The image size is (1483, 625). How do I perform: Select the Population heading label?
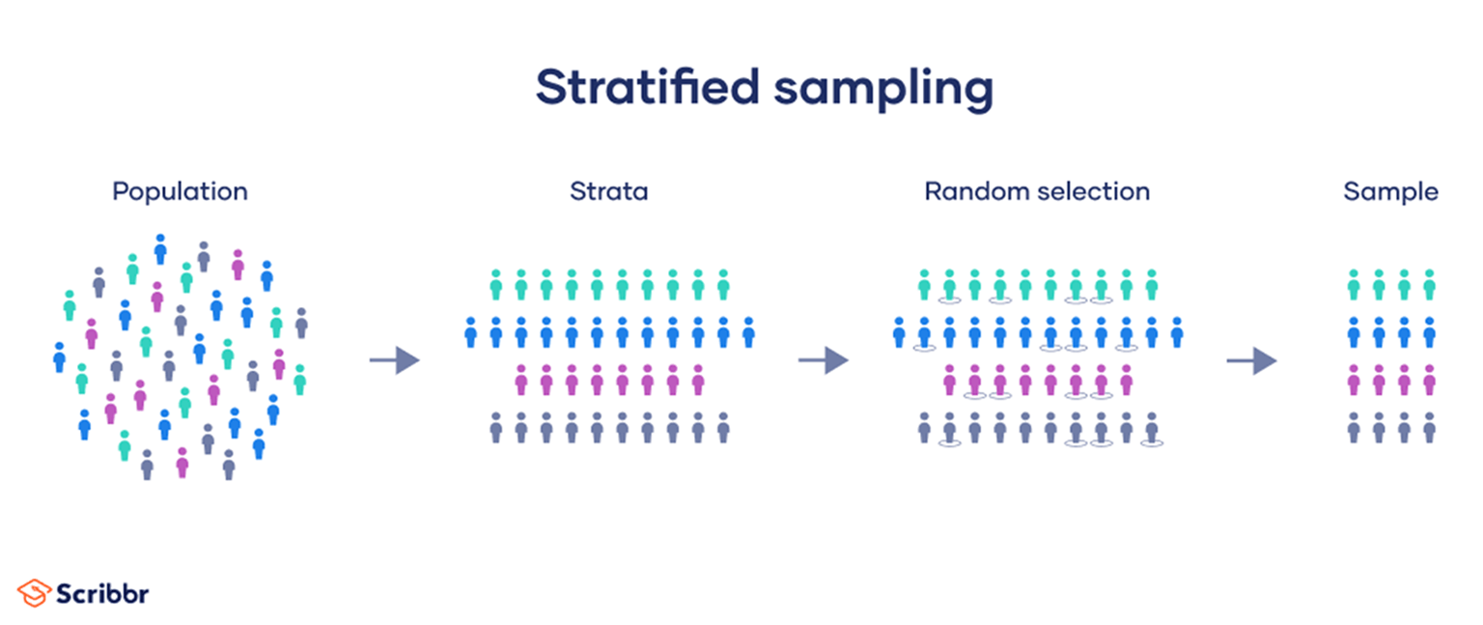(x=180, y=191)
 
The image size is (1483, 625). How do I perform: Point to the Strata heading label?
(x=608, y=191)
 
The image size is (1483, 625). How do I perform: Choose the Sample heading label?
(x=1390, y=191)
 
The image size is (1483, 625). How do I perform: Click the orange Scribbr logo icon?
(x=33, y=592)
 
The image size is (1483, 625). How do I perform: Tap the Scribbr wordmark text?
(x=101, y=592)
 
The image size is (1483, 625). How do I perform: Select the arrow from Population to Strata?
(x=394, y=361)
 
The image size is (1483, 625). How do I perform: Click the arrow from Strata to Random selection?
(x=823, y=361)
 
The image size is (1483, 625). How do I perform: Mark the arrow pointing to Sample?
(x=1251, y=361)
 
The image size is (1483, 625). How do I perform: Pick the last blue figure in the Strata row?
(x=748, y=331)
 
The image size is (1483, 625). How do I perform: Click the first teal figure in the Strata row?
(x=496, y=284)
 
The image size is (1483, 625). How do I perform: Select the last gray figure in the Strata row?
(x=723, y=427)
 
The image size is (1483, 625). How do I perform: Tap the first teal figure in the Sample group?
(x=1354, y=284)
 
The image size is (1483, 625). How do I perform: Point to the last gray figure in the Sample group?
(x=1429, y=427)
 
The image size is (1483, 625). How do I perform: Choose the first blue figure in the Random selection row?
(x=899, y=331)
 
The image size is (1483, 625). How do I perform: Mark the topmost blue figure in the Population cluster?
(x=160, y=248)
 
